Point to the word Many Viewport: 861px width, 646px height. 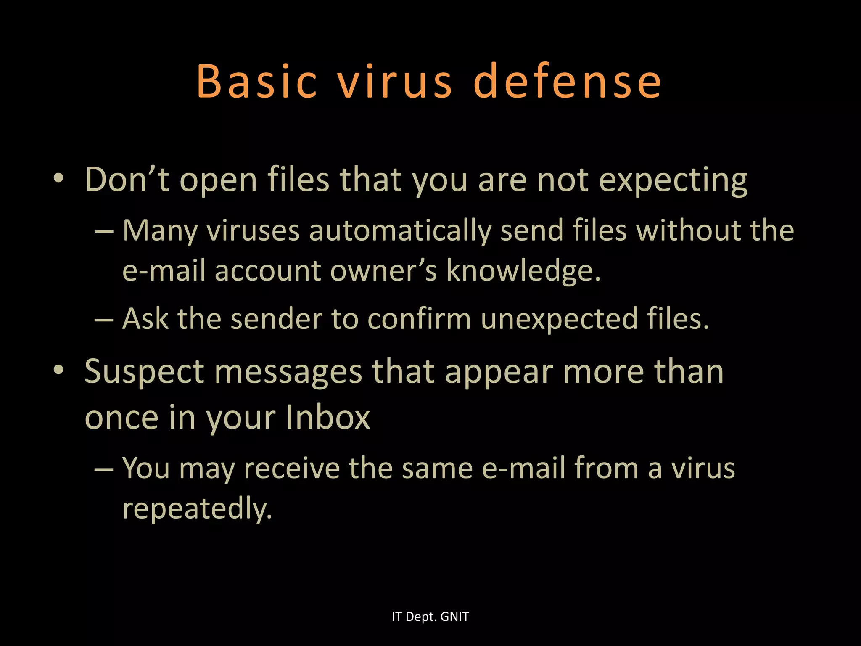(x=160, y=231)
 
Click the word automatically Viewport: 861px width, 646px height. (x=400, y=231)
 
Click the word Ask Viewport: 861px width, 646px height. (x=145, y=318)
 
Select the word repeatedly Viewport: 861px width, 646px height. (x=197, y=508)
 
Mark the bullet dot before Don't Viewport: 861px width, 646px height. (x=59, y=178)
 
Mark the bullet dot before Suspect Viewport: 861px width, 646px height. (x=59, y=370)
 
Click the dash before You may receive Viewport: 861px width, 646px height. (x=104, y=469)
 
